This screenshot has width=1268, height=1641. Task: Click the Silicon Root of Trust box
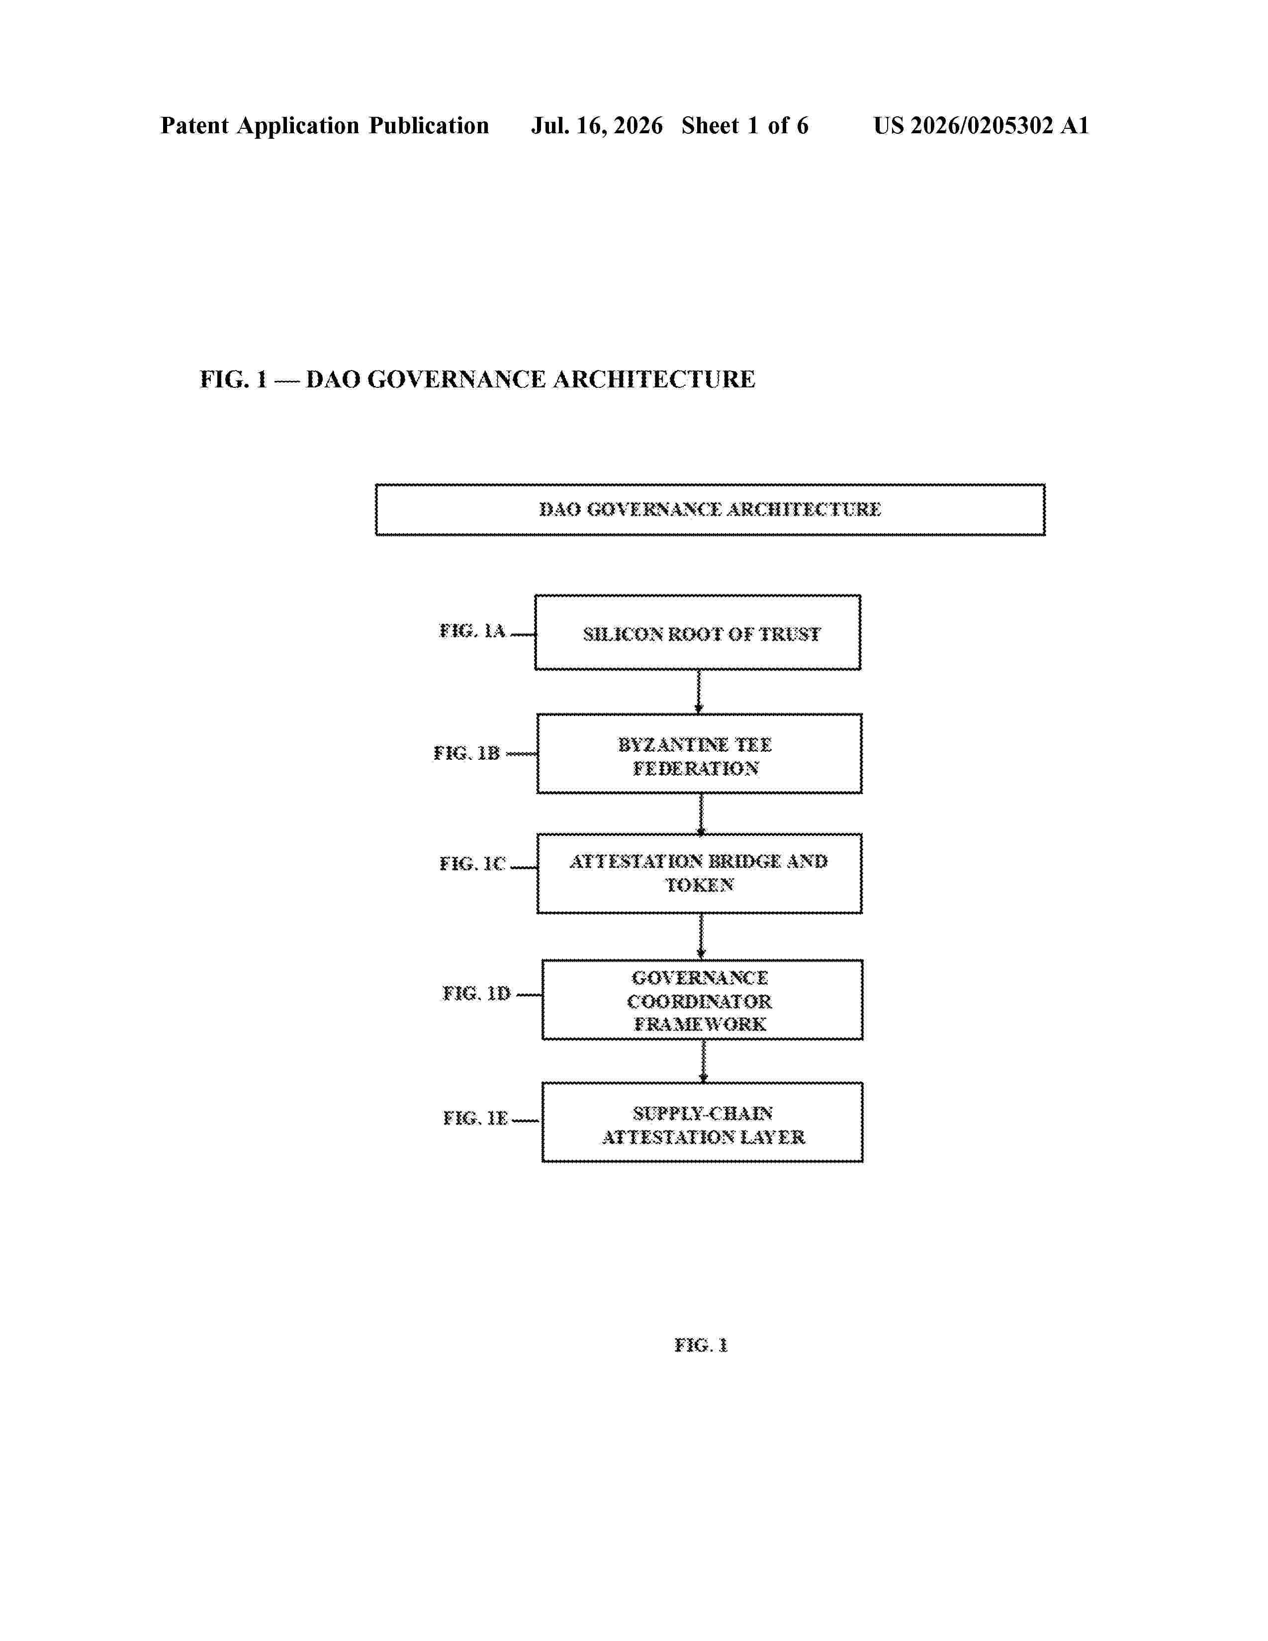coord(698,633)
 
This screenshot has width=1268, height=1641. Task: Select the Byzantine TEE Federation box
coord(699,754)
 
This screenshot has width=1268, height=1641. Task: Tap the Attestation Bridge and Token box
coord(699,873)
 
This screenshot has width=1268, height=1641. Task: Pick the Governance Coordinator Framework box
coord(702,1000)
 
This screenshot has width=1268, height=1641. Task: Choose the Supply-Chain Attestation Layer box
coord(702,1122)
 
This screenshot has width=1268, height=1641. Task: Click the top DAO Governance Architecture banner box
coord(710,509)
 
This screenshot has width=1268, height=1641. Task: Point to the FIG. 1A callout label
coord(472,631)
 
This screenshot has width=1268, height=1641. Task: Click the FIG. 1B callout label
coord(466,753)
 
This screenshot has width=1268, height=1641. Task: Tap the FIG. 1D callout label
coord(476,994)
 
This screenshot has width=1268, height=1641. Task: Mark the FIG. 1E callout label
coord(475,1118)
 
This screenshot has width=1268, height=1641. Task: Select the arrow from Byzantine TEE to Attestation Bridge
coord(701,814)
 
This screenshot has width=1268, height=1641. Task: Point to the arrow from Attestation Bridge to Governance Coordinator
coord(701,937)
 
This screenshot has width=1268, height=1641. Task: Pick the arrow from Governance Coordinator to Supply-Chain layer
coord(703,1062)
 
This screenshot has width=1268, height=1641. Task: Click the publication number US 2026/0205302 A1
coord(981,125)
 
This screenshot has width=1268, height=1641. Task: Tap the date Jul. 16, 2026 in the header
coord(597,125)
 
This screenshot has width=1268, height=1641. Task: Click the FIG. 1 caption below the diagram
coord(701,1345)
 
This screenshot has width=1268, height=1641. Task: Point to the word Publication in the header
coord(429,125)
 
